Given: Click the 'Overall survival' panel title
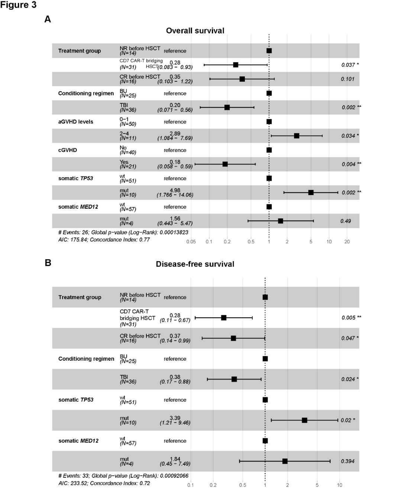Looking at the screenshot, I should point(195,31).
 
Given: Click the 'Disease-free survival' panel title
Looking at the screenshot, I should point(195,264).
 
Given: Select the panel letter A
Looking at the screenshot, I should point(48,19).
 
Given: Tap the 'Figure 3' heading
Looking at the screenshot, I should point(19,5).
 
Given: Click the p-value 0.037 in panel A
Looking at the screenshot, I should point(348,65).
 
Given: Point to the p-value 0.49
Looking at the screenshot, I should point(346,221).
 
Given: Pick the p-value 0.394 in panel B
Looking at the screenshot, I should point(347,461).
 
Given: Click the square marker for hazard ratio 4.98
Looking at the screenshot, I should point(311,192).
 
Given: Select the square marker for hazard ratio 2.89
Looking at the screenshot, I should point(297,136).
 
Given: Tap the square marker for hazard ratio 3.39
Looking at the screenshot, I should point(305,420).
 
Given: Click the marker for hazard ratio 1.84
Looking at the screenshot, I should point(285,461).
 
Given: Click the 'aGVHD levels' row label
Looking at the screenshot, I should point(76,122).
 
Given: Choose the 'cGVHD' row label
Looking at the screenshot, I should point(68,150).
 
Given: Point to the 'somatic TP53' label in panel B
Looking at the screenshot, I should point(76,400).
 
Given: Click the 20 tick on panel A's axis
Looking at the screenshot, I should point(347,242).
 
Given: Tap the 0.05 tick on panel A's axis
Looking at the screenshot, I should point(191,242).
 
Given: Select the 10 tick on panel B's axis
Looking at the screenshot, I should point(340,485).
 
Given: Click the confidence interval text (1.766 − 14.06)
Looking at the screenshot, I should point(175,195).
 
